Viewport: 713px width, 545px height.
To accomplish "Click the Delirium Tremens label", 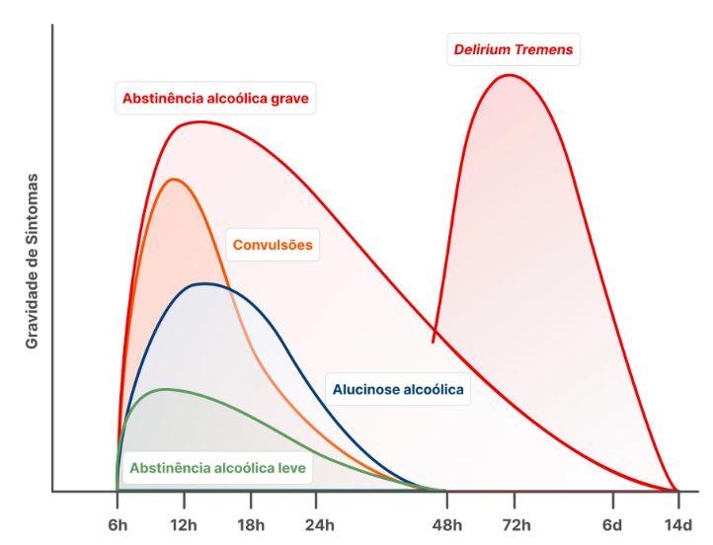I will (513, 49).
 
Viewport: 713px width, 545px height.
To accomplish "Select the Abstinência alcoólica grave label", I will (215, 98).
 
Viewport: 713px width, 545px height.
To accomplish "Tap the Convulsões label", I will (273, 245).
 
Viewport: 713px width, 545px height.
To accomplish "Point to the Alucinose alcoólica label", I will (398, 390).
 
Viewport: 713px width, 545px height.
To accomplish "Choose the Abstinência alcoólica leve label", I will (217, 467).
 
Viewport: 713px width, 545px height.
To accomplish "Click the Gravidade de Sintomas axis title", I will (32, 261).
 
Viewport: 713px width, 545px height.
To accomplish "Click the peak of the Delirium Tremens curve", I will (510, 75).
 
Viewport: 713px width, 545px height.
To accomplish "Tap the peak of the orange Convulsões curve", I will (175, 179).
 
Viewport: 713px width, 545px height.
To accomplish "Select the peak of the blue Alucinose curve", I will (204, 283).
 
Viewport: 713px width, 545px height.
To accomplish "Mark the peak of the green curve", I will (164, 389).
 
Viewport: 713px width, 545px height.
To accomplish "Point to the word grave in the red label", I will (288, 98).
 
